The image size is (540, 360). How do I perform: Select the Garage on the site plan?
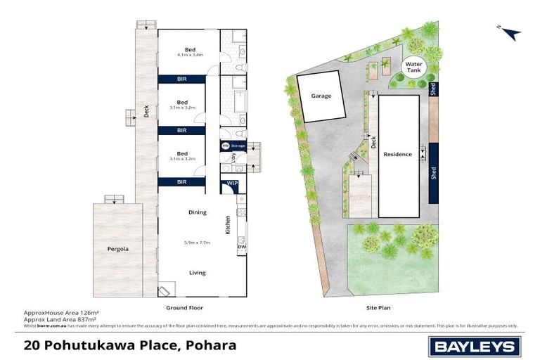point(321,98)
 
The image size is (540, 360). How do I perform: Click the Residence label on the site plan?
point(398,154)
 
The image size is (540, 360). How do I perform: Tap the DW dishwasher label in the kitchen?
point(241,247)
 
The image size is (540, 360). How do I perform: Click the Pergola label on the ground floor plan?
point(117,249)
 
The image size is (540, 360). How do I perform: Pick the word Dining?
point(197,212)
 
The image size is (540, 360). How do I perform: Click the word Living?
point(197,272)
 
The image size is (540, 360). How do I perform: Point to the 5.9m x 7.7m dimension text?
point(197,242)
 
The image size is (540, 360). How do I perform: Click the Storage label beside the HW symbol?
point(238,146)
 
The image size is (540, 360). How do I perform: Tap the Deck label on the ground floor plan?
point(146,110)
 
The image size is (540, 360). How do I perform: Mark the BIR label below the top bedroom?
point(181,79)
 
